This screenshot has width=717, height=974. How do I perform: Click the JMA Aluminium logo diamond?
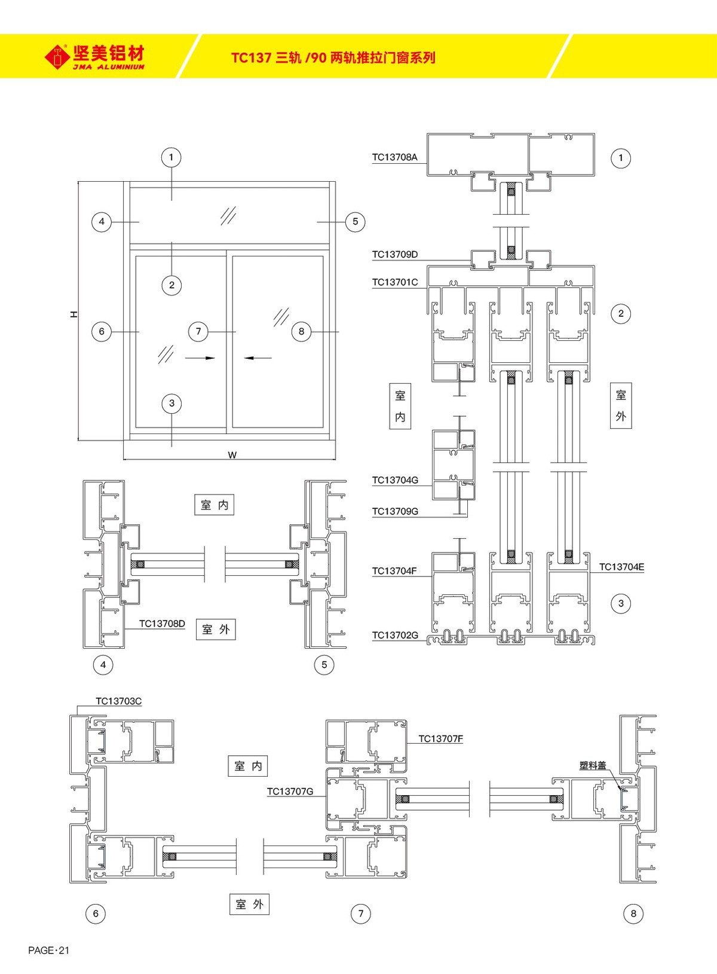point(57,57)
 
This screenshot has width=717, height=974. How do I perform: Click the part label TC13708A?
point(394,157)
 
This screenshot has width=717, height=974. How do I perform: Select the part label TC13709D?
point(394,255)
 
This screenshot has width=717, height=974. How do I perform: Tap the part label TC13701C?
point(394,282)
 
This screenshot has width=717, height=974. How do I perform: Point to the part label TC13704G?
point(394,480)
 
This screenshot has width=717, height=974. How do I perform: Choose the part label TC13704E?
point(621,567)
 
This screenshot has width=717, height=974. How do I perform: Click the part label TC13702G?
point(394,635)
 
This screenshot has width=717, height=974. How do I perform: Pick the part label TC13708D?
point(162,624)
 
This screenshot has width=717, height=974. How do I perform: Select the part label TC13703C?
point(118,701)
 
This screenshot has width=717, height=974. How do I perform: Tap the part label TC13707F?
point(440,739)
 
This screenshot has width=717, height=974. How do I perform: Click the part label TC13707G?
point(290,792)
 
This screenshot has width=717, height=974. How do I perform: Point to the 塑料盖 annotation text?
point(592,765)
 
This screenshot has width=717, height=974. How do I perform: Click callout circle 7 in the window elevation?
point(198,331)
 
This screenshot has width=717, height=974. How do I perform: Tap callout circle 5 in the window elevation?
point(355,222)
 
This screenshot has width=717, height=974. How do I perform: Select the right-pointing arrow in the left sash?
point(200,358)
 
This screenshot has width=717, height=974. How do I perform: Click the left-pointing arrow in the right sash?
point(258,358)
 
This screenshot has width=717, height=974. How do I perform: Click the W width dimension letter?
point(232,455)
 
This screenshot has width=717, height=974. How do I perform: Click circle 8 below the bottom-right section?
point(633,913)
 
